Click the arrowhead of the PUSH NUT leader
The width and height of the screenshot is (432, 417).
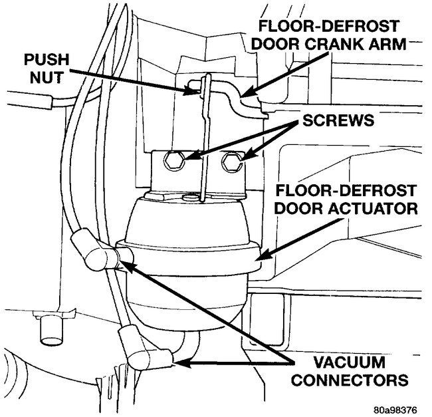point(194,91)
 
